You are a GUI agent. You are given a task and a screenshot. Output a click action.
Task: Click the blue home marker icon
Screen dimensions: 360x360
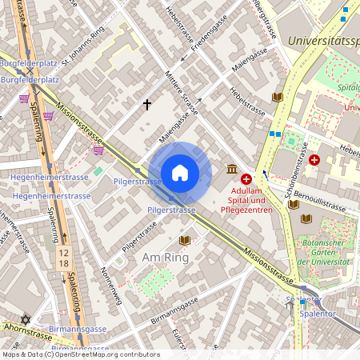180,173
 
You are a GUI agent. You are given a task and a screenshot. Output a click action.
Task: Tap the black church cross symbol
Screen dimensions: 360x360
147,104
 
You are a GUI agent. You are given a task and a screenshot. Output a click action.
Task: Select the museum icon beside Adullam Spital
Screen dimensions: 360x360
231,170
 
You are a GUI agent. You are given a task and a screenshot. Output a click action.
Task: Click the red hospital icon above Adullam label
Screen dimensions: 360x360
246,180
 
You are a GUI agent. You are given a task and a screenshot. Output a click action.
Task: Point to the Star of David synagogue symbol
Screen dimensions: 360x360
25,320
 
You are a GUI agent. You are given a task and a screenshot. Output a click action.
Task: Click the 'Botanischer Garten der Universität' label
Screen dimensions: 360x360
324,251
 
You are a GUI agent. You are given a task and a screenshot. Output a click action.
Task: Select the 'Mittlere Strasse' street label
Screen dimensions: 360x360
180,96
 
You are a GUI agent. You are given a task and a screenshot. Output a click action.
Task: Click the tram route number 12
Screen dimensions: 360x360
62,253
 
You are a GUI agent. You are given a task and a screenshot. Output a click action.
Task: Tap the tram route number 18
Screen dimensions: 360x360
62,263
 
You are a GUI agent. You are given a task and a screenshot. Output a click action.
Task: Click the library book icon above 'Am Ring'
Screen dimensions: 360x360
185,239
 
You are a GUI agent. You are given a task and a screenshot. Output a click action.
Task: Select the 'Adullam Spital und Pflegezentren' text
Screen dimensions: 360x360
247,201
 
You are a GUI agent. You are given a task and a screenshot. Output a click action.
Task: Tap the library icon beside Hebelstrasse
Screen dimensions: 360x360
277,97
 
